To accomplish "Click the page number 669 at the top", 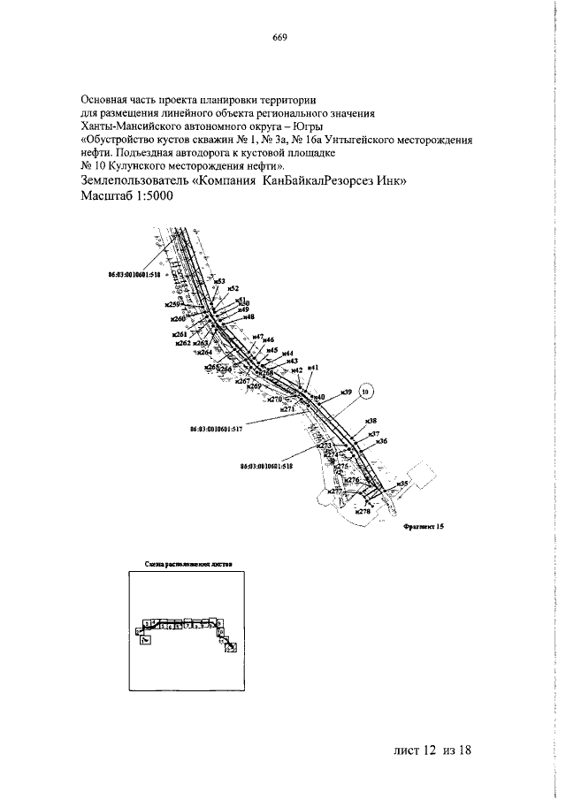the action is coord(280,37).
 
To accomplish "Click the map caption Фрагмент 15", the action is coord(422,525).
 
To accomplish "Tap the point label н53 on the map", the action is coord(220,280).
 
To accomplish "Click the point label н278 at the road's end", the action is coord(362,511).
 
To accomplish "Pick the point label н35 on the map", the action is coord(402,484).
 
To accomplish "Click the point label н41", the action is coord(312,367).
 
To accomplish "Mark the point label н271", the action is coord(287,409).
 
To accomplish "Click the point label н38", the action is coord(371,420).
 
